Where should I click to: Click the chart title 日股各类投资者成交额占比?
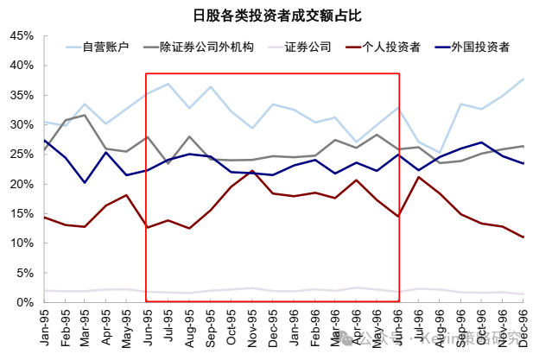269,15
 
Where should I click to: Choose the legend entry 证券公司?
308,46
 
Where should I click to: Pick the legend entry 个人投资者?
393,46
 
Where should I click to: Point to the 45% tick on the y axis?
21,36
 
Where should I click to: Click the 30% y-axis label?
21,125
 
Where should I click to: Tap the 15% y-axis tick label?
21,214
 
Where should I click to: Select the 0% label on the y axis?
24,302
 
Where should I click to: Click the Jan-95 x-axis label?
45,326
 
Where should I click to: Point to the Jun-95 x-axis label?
146,326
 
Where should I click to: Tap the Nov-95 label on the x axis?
251,326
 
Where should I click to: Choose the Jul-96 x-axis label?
418,326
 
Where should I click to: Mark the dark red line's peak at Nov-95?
251,171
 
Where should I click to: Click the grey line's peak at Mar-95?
85,115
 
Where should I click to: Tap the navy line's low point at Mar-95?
85,182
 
